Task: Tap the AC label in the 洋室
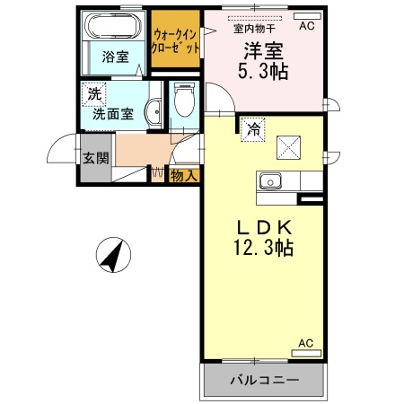click(x=307, y=27)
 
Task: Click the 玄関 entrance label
click(x=95, y=159)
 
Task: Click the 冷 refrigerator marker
click(x=253, y=129)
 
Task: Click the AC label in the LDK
click(x=305, y=343)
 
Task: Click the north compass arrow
click(x=114, y=255)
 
